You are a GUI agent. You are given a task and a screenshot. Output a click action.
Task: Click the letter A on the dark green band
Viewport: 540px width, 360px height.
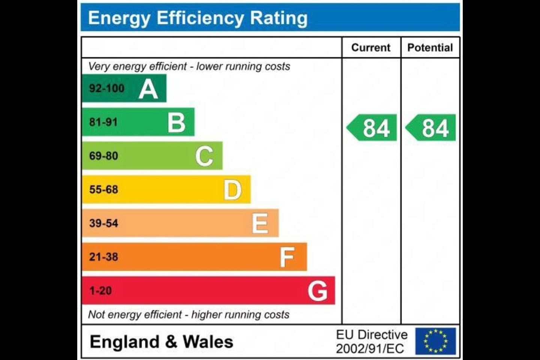(148, 89)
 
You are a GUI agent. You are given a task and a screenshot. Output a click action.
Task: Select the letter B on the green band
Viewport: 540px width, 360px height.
(176, 123)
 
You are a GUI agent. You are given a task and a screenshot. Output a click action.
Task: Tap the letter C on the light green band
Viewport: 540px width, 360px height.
(204, 156)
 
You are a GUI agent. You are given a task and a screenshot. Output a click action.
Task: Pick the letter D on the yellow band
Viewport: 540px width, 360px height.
(232, 190)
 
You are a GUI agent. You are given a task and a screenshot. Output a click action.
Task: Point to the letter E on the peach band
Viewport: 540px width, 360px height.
(260, 223)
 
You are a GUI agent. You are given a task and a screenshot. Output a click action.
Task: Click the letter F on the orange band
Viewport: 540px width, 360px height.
(287, 257)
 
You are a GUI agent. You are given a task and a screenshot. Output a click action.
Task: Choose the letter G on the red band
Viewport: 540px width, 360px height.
(317, 291)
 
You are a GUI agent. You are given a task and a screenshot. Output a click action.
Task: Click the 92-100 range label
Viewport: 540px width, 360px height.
(106, 88)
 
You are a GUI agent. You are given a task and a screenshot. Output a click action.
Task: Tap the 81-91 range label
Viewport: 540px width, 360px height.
(103, 122)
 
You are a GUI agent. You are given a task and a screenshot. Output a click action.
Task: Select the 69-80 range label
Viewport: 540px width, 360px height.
(103, 156)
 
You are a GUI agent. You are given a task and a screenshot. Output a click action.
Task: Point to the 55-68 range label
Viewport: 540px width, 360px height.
(103, 190)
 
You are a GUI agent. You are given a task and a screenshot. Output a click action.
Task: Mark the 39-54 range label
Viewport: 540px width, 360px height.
(103, 223)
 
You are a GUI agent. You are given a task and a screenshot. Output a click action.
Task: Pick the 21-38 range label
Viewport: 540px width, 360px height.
(103, 257)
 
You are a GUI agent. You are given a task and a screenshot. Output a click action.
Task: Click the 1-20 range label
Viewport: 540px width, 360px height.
(100, 291)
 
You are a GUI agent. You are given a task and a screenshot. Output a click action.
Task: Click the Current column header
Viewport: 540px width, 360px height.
(371, 48)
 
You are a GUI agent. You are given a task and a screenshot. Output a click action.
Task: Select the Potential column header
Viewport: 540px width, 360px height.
(430, 48)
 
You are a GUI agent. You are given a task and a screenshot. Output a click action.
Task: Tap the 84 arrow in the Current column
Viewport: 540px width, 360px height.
(372, 128)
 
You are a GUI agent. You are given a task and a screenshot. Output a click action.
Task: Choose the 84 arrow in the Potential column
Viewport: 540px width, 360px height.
(432, 128)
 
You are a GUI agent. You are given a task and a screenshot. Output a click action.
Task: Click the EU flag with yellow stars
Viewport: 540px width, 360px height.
(435, 341)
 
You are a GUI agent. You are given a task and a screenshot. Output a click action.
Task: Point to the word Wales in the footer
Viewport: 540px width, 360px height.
(208, 342)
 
